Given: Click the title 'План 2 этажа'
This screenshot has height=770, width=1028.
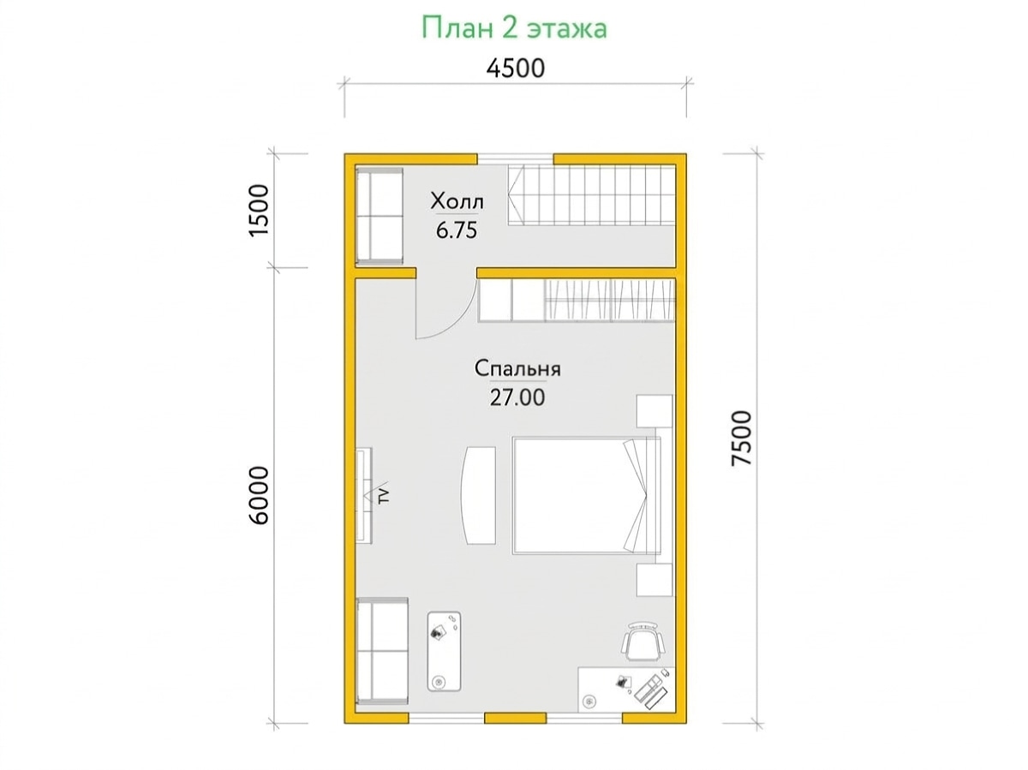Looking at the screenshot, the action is click(514, 28).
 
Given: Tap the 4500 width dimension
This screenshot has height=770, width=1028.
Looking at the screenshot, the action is click(515, 69).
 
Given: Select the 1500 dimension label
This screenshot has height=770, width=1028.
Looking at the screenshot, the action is click(259, 210).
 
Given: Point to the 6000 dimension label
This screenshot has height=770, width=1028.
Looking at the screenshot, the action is click(259, 495).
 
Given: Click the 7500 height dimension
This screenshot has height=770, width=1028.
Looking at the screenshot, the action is click(741, 439).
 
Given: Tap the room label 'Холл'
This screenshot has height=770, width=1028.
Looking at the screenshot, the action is click(457, 201).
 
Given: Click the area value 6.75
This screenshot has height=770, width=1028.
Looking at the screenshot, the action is click(457, 230).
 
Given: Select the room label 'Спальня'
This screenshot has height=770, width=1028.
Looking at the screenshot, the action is click(517, 369).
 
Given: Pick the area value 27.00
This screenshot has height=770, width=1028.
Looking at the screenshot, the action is click(517, 398).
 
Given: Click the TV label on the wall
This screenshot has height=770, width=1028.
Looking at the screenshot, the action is click(384, 495).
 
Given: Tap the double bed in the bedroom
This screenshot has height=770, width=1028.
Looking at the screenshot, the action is click(587, 496).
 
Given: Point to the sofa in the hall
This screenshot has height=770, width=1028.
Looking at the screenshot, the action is click(380, 217).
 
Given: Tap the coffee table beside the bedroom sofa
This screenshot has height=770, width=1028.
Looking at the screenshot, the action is click(444, 651).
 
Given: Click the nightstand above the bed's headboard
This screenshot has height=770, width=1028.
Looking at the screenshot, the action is click(654, 410).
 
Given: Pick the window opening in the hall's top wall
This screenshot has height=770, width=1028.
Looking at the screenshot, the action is click(515, 159).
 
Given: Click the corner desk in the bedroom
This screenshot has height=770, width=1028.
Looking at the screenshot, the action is click(627, 696).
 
